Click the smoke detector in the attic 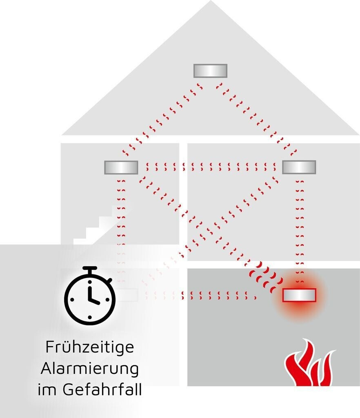point(210,71)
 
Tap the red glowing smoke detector point(299,295)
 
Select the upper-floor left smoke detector point(121,167)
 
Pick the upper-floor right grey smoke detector point(299,167)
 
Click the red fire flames point(309,362)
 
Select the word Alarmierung point(90,369)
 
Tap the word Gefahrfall point(102,389)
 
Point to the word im point(47,389)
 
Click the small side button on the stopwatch point(110,280)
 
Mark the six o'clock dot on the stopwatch point(89,317)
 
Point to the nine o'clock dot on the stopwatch point(72,300)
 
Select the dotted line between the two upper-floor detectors point(210,167)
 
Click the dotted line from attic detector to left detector point(162,119)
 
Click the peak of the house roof point(211,1)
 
